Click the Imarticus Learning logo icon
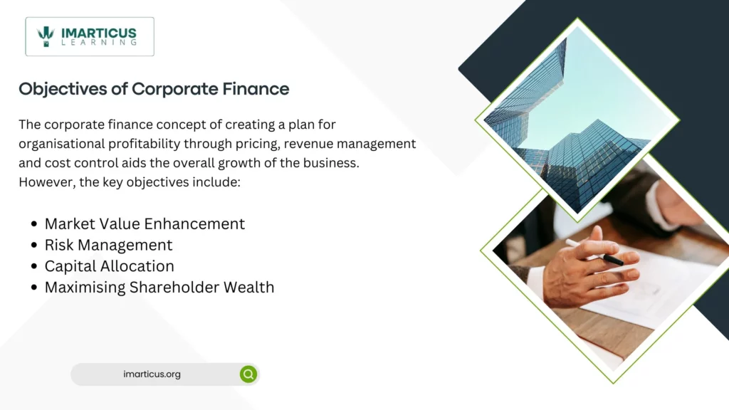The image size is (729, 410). point(46,36)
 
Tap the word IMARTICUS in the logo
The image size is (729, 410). point(98,31)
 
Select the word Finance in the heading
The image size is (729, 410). point(259,89)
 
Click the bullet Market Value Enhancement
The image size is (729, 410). point(145,224)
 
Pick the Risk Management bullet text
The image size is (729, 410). point(108,245)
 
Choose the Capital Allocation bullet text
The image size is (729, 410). point(109,266)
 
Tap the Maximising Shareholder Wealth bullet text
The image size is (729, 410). point(159,288)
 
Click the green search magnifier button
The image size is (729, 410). point(248,374)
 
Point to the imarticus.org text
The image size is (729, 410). point(152,374)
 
